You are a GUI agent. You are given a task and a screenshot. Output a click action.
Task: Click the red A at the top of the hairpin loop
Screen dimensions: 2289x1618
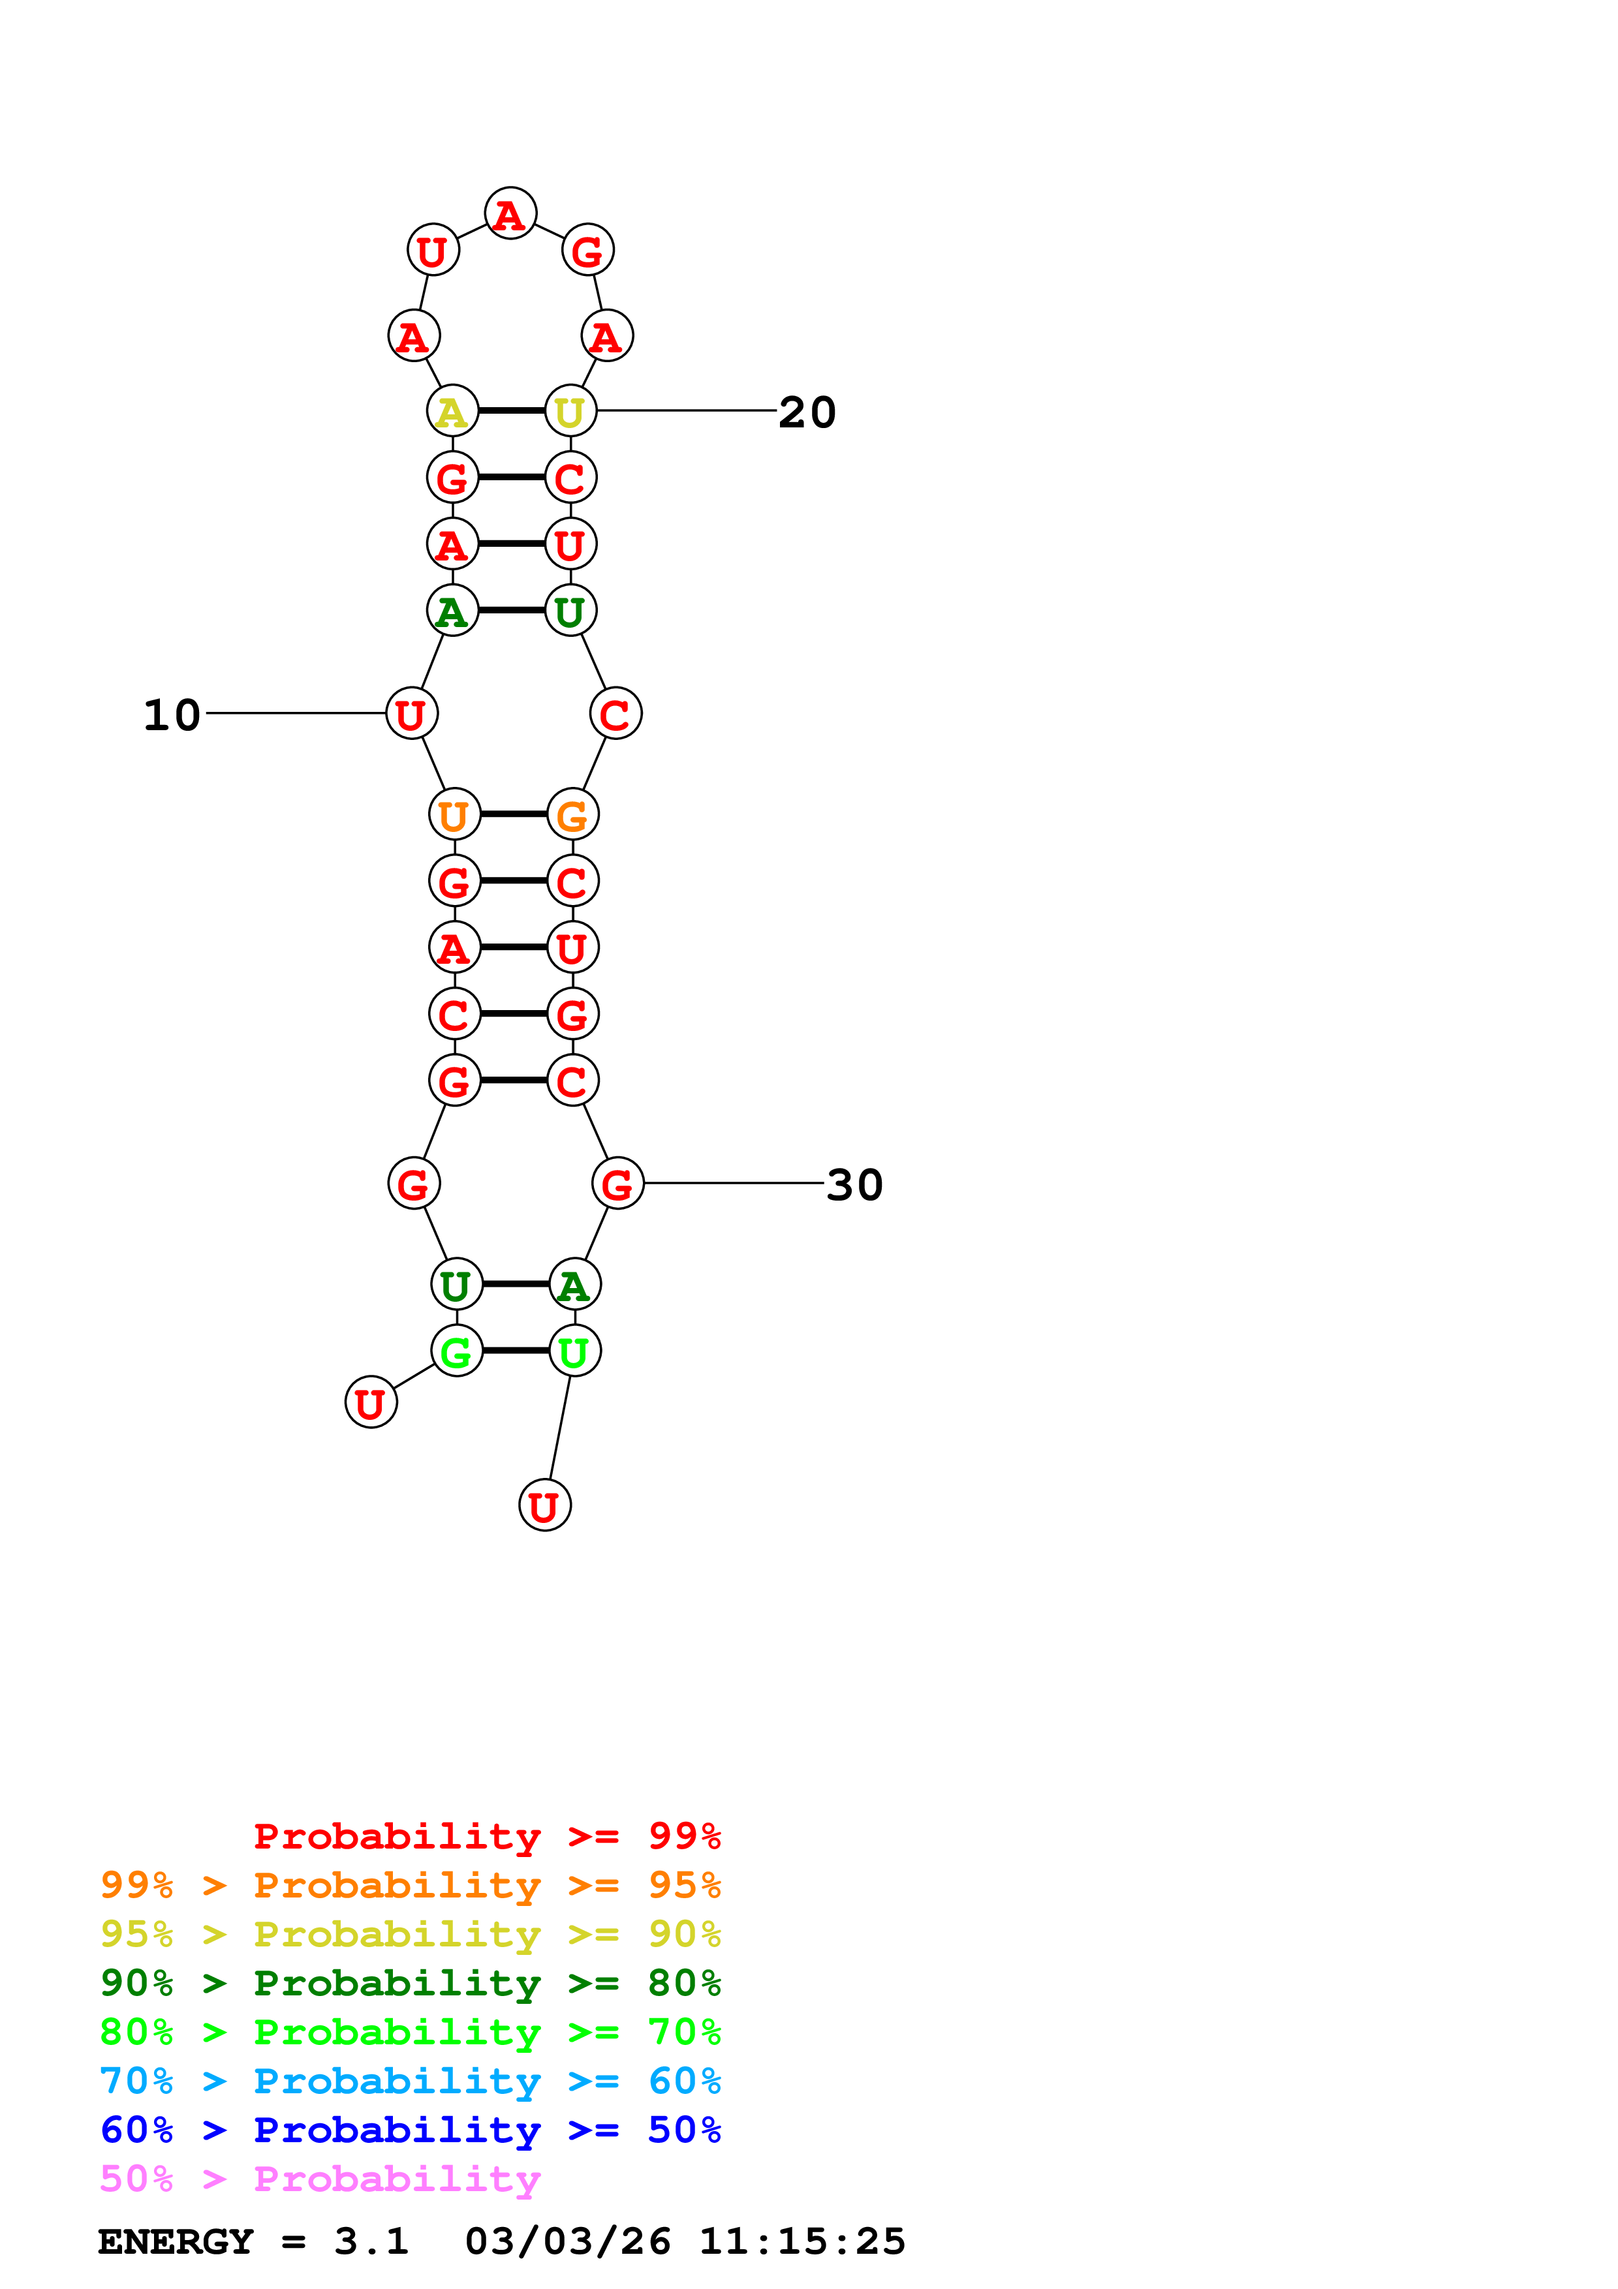[x=510, y=213]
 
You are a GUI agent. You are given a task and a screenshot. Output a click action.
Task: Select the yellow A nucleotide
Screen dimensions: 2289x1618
[x=452, y=410]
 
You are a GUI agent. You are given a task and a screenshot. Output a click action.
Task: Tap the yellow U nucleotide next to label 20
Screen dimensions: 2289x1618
[x=570, y=410]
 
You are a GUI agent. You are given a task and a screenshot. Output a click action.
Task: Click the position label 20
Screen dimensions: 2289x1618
[x=807, y=412]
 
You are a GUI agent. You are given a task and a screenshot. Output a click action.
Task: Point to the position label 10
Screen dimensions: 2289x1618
[x=172, y=714]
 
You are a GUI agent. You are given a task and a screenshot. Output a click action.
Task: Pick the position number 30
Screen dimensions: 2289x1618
[x=854, y=1184]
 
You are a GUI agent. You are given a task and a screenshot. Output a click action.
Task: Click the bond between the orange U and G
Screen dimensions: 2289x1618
[x=514, y=814]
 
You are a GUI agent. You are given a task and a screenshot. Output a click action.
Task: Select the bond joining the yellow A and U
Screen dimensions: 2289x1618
[x=512, y=410]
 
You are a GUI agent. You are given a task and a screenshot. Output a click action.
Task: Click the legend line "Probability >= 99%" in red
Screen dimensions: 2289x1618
[x=486, y=1836]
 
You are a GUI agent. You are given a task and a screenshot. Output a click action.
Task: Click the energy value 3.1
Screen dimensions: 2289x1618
[x=371, y=2241]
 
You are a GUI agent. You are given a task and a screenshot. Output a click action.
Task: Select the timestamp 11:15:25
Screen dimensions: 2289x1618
[x=801, y=2241]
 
